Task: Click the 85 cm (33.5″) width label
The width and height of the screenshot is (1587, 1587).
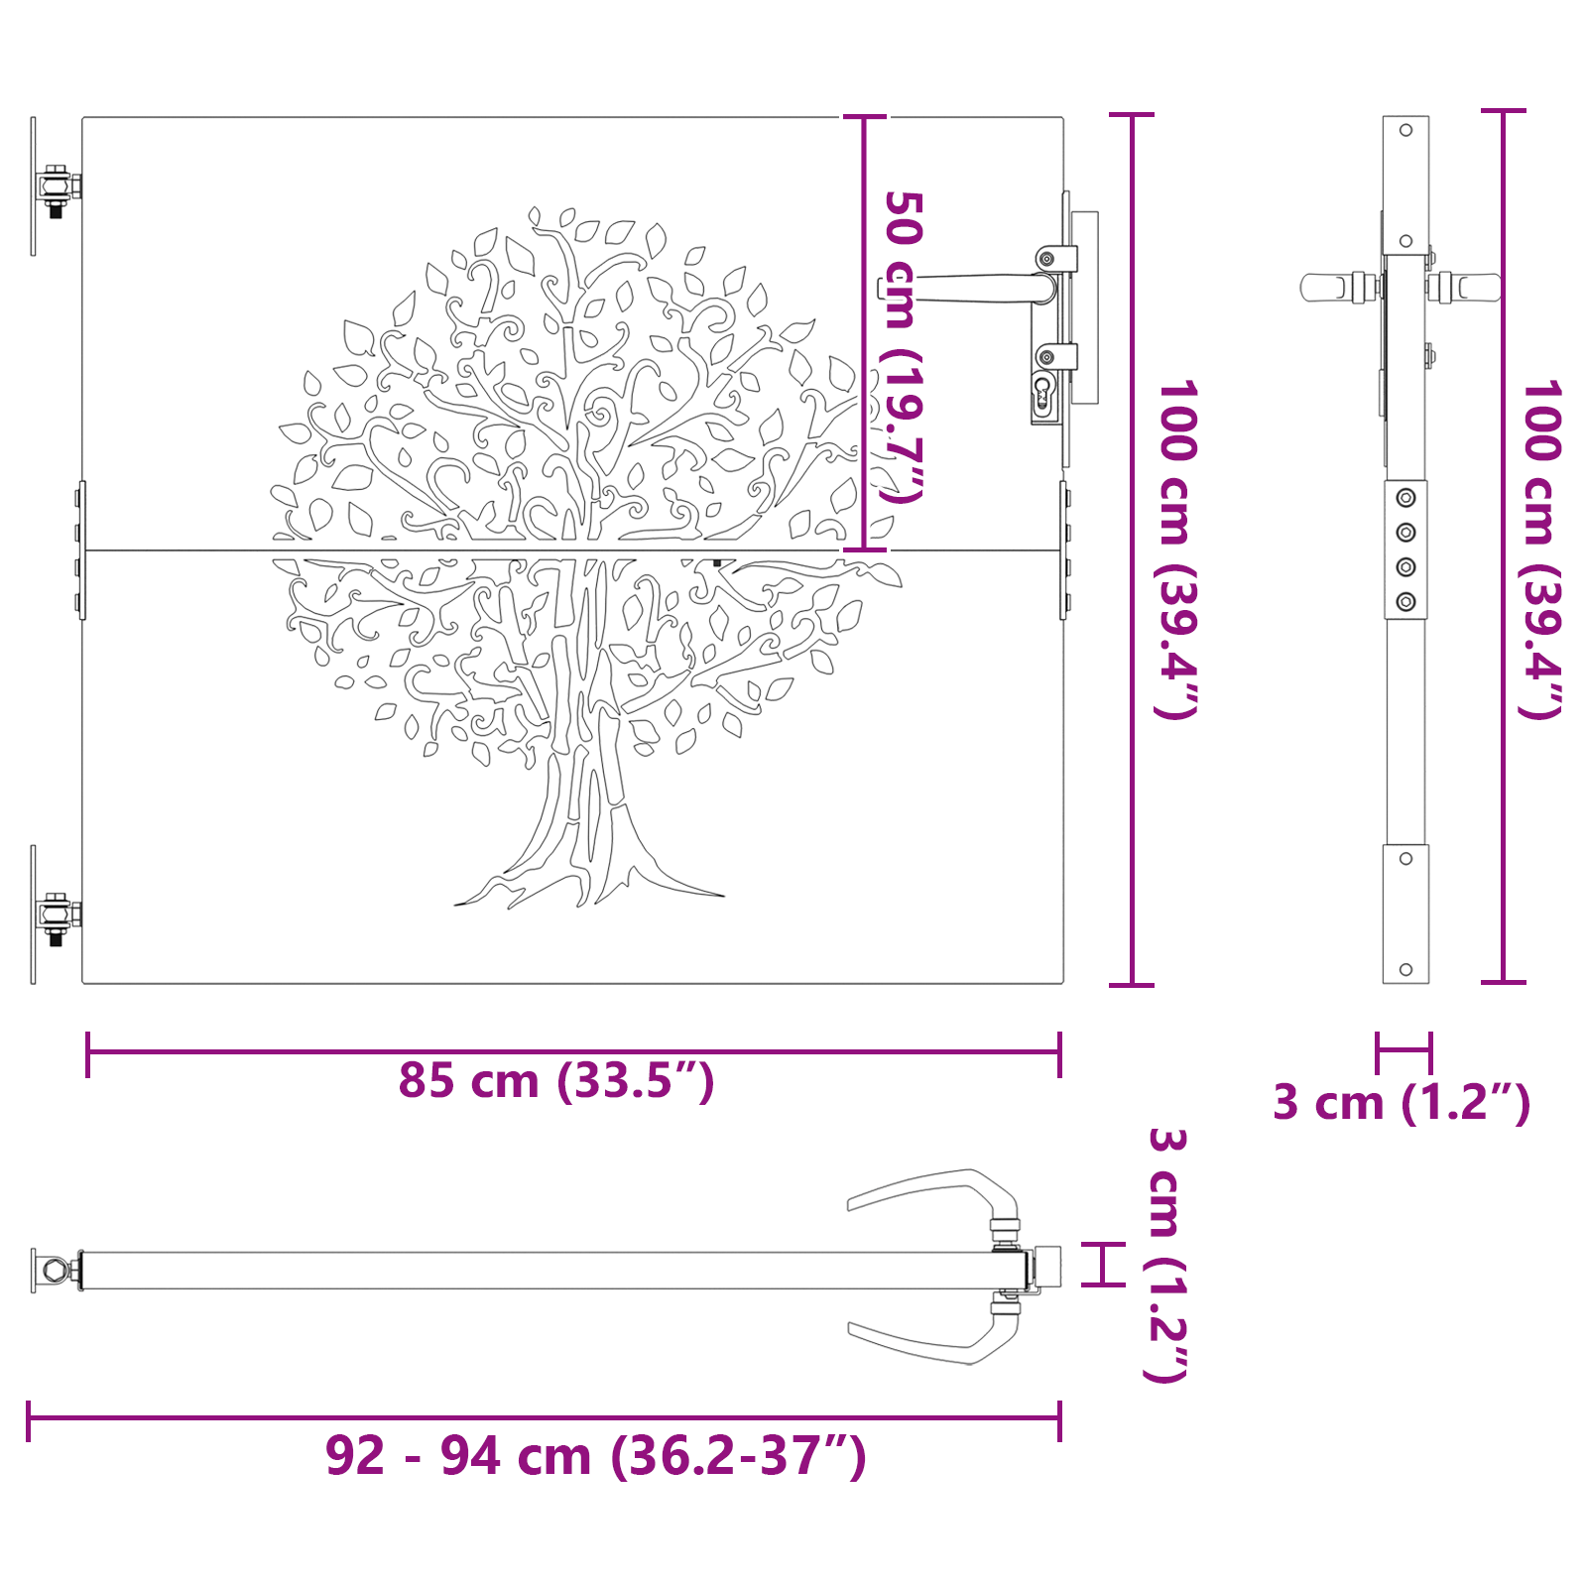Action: point(556,1080)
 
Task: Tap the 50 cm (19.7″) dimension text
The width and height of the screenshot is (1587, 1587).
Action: point(902,347)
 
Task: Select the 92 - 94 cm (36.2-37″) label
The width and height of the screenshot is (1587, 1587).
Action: point(595,1456)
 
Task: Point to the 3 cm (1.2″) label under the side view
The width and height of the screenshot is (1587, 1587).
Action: point(1401,1102)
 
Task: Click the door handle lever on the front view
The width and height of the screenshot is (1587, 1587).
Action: point(982,289)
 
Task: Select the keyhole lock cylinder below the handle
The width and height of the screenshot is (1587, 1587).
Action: point(1041,394)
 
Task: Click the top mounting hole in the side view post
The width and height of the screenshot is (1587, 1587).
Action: point(1405,130)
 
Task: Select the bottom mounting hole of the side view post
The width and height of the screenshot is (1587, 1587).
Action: point(1405,969)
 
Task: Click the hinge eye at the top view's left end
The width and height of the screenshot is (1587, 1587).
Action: point(50,1270)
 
